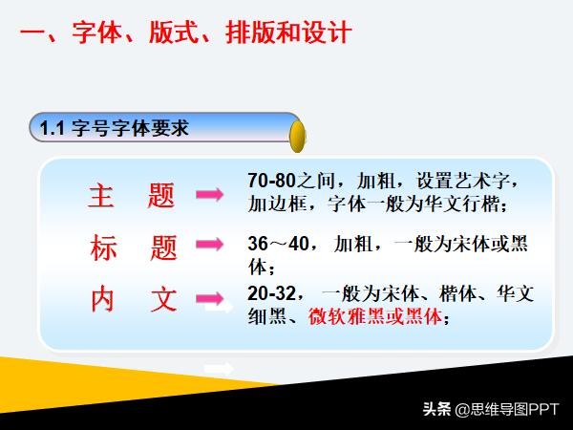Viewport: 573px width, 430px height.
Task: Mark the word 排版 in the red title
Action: [x=246, y=35]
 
